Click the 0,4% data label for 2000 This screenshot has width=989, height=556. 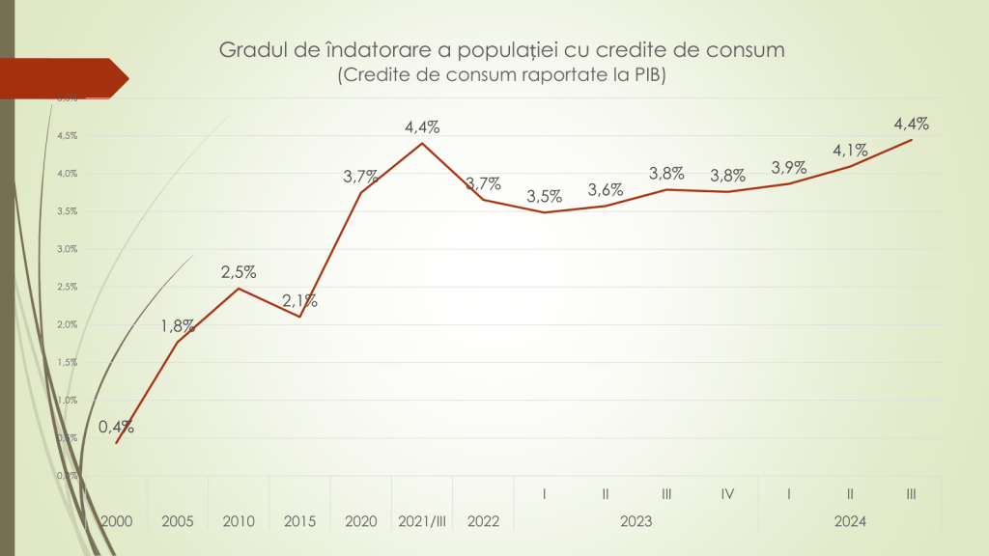[116, 427]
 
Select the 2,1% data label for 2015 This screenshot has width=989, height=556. [299, 301]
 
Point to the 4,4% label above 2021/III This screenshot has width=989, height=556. [422, 126]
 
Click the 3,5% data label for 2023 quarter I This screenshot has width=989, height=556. [545, 196]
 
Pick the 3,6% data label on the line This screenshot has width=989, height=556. [606, 190]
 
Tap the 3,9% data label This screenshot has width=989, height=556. [788, 168]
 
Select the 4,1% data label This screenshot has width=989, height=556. [850, 150]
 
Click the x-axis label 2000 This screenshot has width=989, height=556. [116, 521]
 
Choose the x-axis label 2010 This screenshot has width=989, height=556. [239, 521]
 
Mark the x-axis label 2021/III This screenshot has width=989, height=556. [422, 521]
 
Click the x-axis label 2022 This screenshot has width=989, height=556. [483, 521]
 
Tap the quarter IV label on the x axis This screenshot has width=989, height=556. [727, 494]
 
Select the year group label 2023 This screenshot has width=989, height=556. [636, 521]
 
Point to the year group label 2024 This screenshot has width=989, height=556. [850, 521]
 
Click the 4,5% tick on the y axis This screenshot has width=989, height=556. [67, 136]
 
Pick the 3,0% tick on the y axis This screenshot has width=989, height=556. [67, 249]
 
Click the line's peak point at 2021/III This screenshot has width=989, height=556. [422, 144]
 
